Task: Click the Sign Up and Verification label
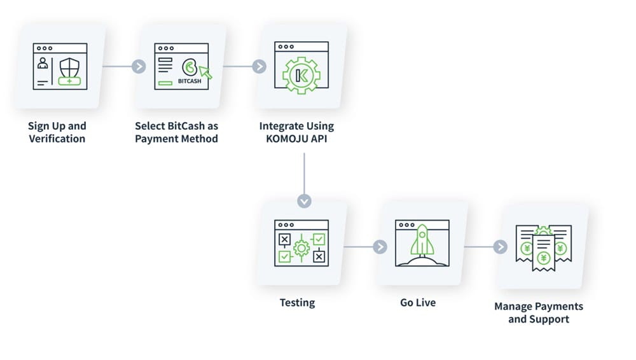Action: coord(57,132)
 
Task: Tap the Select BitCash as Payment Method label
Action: coord(176,132)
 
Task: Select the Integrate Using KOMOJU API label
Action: coord(296,132)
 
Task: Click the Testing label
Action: coord(297,303)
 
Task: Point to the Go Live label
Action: coord(418,303)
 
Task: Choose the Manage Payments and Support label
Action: coord(538,312)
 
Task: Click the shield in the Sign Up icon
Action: coord(69,66)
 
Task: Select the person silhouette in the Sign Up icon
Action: coord(43,64)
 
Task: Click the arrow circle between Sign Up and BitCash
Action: coord(139,67)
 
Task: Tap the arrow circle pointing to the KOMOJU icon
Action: coord(259,67)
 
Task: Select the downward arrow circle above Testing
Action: coord(305,201)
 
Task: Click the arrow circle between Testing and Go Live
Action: coord(380,247)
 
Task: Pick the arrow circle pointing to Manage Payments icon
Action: coord(501,247)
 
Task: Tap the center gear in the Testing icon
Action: coord(300,247)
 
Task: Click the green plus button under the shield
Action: coord(69,82)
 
